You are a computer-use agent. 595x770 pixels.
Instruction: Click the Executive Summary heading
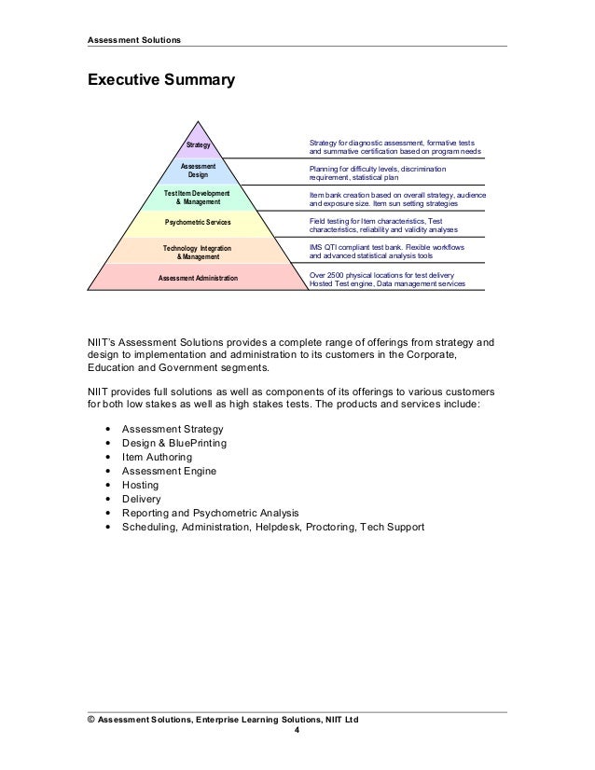point(159,81)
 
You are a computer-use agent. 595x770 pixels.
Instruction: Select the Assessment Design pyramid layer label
point(198,170)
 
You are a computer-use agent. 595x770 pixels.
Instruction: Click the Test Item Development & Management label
point(198,197)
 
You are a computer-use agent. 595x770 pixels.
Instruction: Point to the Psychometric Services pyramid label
point(198,224)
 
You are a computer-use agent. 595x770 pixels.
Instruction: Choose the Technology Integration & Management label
point(198,251)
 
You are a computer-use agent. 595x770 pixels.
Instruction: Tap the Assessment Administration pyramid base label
point(198,278)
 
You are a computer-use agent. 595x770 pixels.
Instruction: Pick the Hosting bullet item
point(133,485)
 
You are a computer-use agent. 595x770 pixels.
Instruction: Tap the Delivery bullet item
point(135,499)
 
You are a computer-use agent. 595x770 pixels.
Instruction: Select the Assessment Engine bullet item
point(163,471)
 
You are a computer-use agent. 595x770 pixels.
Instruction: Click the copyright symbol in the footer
point(90,720)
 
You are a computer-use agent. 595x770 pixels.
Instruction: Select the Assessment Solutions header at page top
point(134,39)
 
